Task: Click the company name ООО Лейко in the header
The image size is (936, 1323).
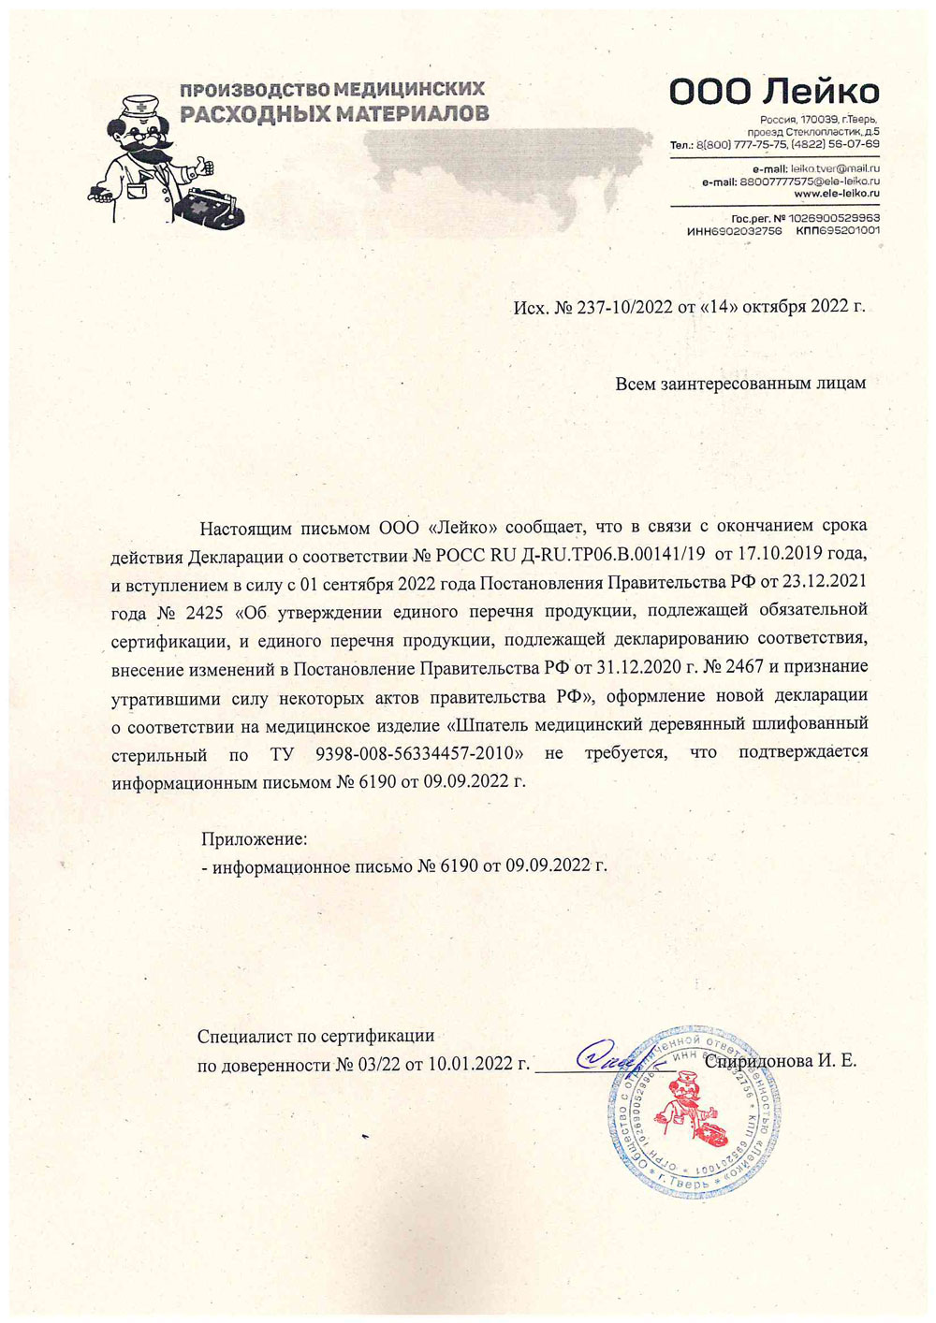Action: (x=774, y=92)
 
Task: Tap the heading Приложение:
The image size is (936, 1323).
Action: (x=254, y=839)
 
